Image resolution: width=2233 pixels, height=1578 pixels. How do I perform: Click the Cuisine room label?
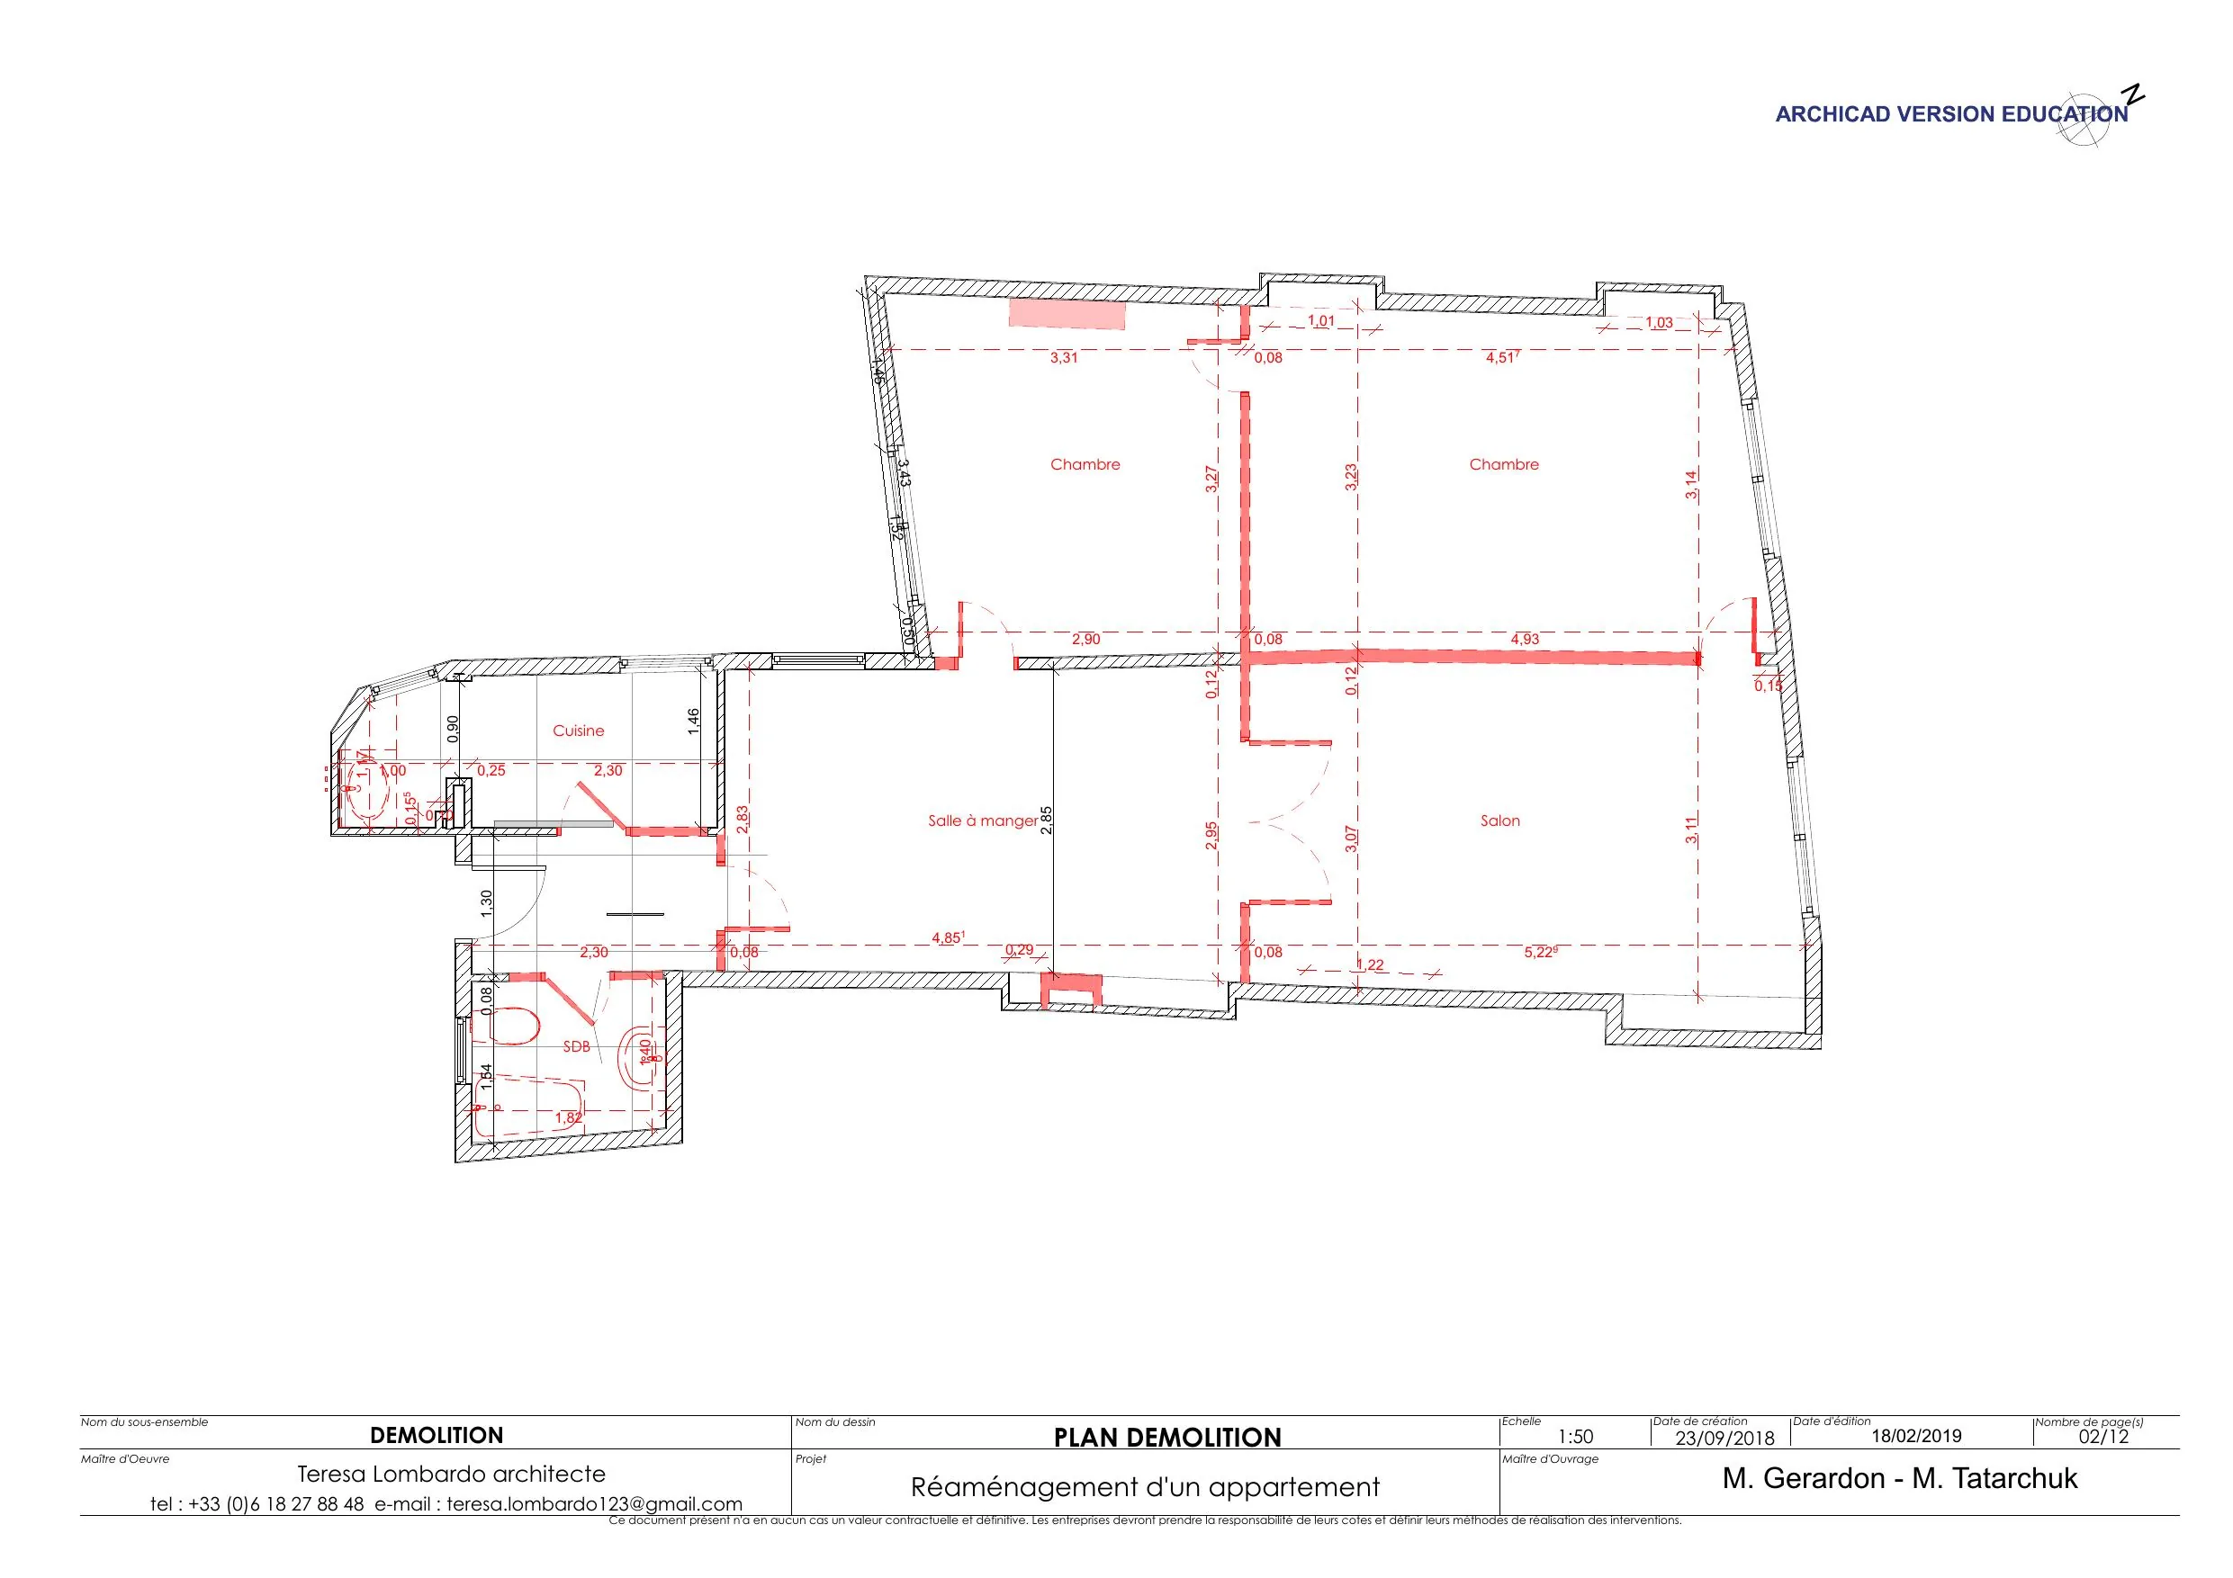[x=578, y=731]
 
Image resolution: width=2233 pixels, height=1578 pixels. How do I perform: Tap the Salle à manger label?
[x=982, y=820]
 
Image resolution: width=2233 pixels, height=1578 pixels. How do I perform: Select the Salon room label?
[x=1499, y=820]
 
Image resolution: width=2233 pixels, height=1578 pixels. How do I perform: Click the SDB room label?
[x=576, y=1047]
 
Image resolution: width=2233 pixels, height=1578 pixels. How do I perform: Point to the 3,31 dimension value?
[x=1063, y=357]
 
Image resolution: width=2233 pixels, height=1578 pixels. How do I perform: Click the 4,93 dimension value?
[x=1524, y=639]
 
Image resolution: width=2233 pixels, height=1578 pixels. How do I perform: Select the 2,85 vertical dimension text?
[x=1046, y=820]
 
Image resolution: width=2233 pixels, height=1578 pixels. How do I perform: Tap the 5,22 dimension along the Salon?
[x=1538, y=953]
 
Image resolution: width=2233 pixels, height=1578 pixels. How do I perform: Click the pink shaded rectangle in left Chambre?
[x=1066, y=314]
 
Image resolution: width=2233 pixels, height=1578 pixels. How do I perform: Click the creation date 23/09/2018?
[x=1724, y=1438]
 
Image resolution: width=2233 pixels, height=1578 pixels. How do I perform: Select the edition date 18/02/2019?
[x=1916, y=1436]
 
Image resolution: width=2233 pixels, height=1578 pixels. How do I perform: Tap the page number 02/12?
[x=2102, y=1437]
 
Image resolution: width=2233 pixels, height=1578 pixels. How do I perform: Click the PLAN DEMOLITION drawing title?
[x=1167, y=1438]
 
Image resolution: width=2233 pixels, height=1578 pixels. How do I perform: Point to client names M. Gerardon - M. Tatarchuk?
[x=1898, y=1479]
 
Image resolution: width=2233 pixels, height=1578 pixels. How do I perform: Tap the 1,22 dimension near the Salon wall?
[x=1369, y=964]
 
